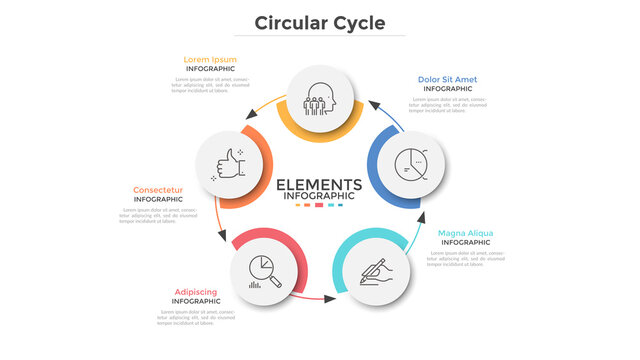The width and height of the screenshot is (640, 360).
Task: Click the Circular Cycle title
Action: (319, 22)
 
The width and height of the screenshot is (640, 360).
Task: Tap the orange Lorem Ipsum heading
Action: (210, 59)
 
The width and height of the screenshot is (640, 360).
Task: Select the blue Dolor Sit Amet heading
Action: (447, 79)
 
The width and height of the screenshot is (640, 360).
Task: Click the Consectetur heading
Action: (158, 189)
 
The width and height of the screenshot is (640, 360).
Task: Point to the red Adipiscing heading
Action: (196, 291)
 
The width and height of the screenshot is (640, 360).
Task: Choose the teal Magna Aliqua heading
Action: (465, 233)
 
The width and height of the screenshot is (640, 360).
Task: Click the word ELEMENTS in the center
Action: (319, 184)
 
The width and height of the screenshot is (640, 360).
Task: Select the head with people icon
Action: (320, 98)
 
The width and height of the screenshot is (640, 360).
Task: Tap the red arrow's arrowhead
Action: (329, 297)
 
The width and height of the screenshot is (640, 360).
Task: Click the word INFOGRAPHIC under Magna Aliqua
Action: (465, 243)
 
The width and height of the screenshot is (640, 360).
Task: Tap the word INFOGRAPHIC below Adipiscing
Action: (196, 301)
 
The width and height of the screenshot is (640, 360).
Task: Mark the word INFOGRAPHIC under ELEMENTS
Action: (319, 196)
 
